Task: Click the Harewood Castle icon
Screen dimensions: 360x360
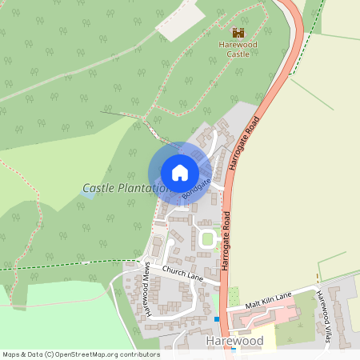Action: point(238,32)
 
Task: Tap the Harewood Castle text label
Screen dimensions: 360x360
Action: point(238,49)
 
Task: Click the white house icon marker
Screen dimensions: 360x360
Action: point(179,173)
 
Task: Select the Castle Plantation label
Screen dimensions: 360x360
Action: point(123,188)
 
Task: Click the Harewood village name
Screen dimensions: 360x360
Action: point(234,341)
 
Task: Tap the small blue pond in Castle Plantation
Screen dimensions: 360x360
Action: point(87,195)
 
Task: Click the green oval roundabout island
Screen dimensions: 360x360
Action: point(208,238)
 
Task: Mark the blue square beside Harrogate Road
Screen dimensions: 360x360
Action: point(217,319)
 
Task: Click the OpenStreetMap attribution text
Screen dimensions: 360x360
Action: point(80,354)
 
